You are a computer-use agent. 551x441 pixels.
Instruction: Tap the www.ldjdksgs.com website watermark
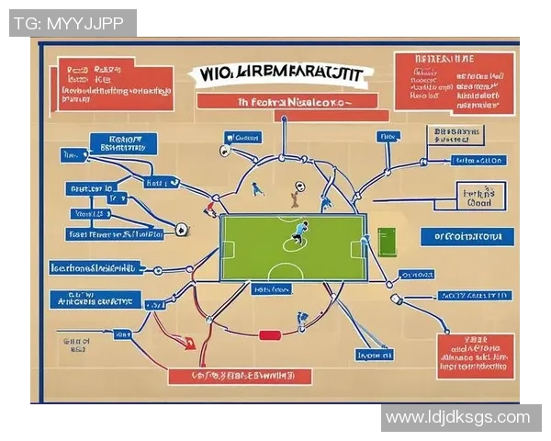(458, 418)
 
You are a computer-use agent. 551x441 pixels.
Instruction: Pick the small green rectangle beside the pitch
(386, 243)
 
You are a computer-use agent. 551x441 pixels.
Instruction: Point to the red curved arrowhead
(189, 345)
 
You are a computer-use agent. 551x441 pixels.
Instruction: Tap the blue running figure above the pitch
(258, 188)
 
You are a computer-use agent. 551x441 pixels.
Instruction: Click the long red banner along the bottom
(240, 377)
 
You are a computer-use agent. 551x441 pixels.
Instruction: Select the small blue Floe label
(388, 135)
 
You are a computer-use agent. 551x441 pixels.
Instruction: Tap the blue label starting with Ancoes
(96, 300)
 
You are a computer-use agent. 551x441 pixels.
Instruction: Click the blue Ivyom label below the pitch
(375, 355)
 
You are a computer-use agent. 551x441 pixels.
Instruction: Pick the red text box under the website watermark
(475, 356)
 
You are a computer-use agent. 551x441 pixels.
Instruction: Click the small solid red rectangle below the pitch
(269, 336)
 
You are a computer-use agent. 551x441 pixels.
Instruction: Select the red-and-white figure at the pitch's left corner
(210, 209)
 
